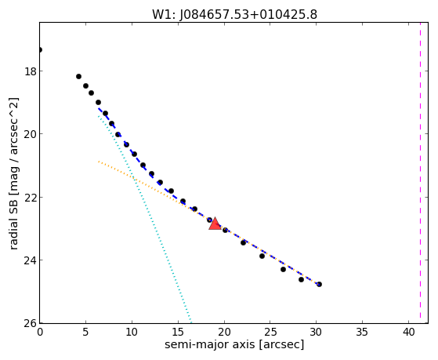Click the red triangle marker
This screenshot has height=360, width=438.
pyautogui.click(x=215, y=224)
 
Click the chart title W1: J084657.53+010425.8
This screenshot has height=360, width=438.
pyautogui.click(x=234, y=14)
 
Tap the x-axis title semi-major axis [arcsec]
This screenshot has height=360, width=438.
pyautogui.click(x=234, y=344)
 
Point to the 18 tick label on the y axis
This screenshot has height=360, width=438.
pyautogui.click(x=31, y=71)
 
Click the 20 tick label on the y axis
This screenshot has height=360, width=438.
pyautogui.click(x=31, y=134)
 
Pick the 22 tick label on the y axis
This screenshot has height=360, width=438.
pyautogui.click(x=31, y=197)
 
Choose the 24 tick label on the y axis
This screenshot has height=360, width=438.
pyautogui.click(x=31, y=260)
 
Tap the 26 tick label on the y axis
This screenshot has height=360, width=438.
pyautogui.click(x=31, y=323)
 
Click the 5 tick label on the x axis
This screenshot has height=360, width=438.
pyautogui.click(x=85, y=332)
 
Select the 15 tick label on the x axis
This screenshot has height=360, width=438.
pyautogui.click(x=178, y=332)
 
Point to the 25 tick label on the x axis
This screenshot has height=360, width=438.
pyautogui.click(x=270, y=332)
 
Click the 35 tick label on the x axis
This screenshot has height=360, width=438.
pyautogui.click(x=362, y=332)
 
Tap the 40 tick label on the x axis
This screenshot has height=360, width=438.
pyautogui.click(x=408, y=332)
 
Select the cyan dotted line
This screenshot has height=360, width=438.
pyautogui.click(x=144, y=219)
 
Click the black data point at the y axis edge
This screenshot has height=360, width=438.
pyautogui.click(x=40, y=49)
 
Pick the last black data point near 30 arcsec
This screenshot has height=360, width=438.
pyautogui.click(x=319, y=284)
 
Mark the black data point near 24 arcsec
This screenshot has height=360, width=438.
pyautogui.click(x=262, y=256)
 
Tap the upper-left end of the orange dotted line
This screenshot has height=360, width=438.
pyautogui.click(x=99, y=162)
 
